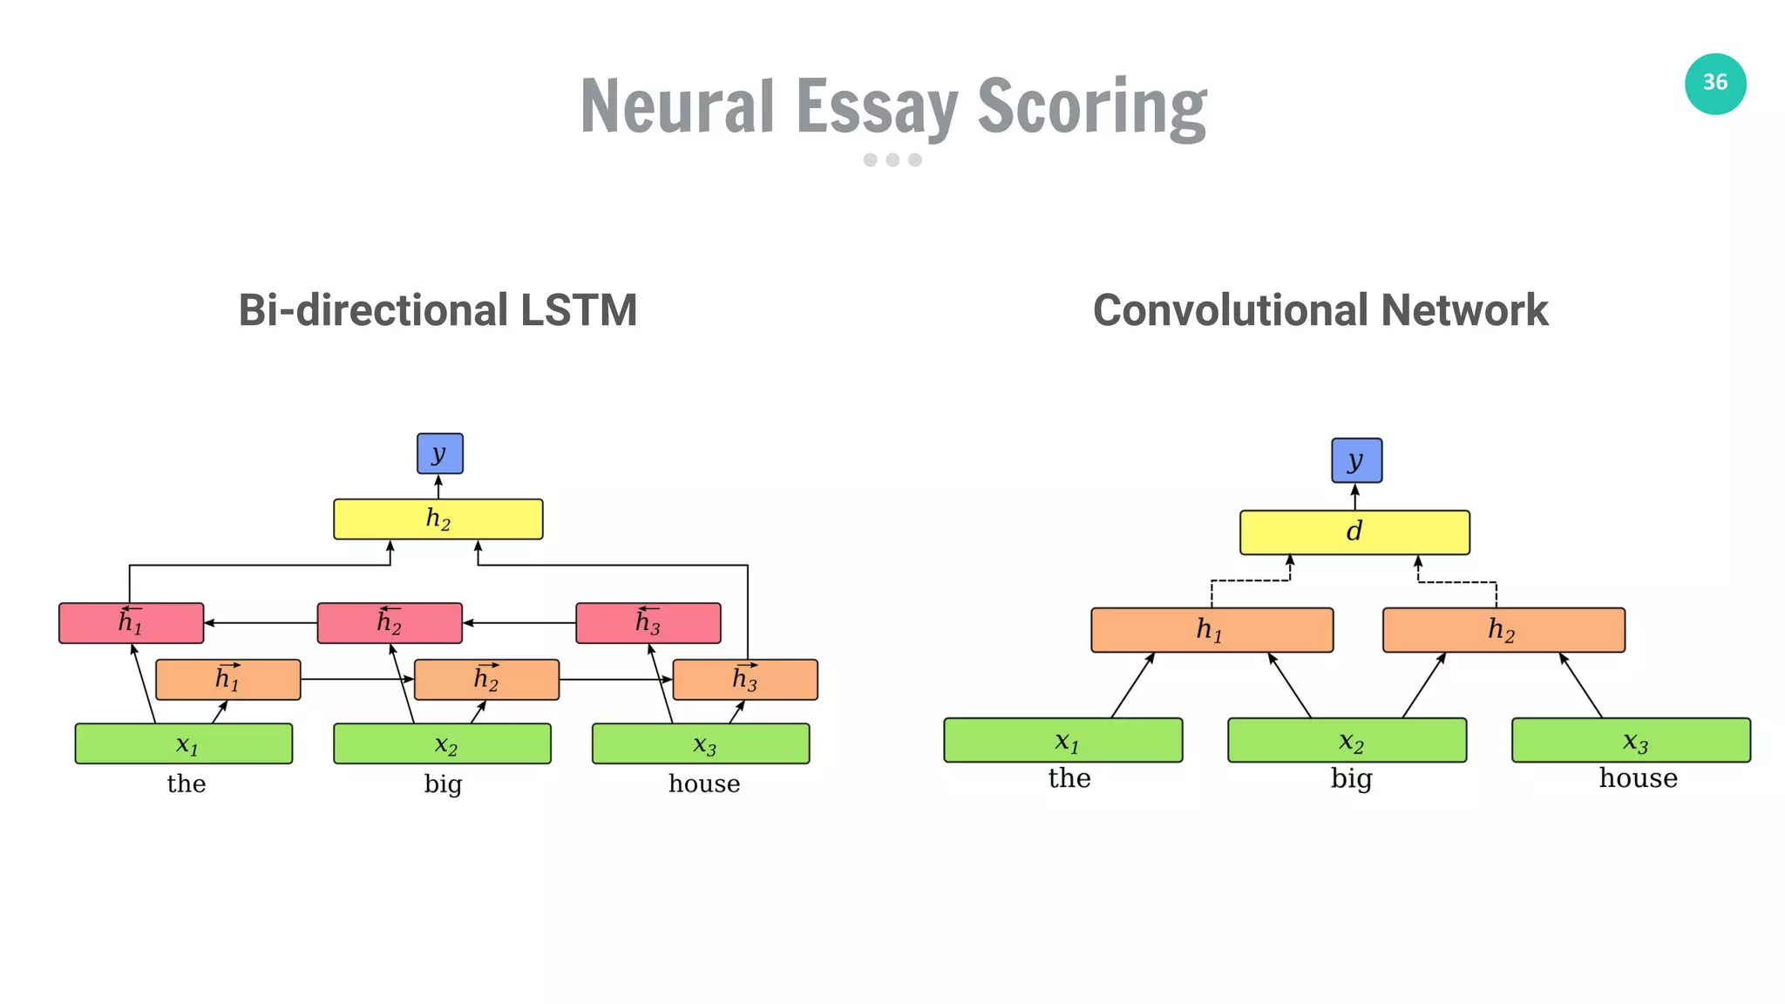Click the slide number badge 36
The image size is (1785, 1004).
[1714, 84]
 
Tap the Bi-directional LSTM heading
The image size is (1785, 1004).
[438, 310]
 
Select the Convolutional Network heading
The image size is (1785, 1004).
[1320, 310]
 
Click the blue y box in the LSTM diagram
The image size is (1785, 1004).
[439, 453]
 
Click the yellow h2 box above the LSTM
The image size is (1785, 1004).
[438, 519]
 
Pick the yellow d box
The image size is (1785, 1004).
[1354, 533]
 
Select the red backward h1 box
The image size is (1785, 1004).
[131, 623]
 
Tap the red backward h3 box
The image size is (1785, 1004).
[648, 623]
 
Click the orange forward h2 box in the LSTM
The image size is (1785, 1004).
[486, 680]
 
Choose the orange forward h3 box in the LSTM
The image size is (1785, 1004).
[744, 680]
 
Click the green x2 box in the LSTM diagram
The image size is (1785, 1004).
[442, 744]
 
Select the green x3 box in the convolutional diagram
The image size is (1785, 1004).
[1630, 741]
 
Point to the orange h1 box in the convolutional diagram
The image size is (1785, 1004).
[1211, 630]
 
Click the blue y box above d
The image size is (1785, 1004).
[1356, 460]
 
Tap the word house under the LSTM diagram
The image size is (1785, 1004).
[704, 784]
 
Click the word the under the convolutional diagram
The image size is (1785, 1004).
[1069, 777]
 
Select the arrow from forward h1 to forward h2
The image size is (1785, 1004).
[357, 679]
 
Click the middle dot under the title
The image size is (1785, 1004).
[892, 159]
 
